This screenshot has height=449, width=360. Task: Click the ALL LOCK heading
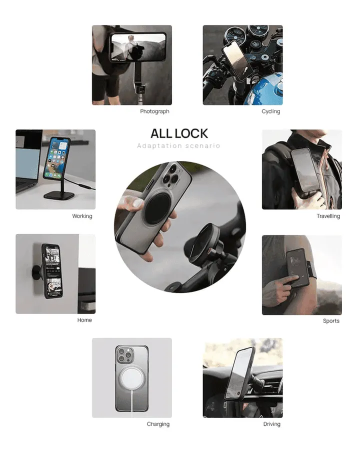tap(179, 133)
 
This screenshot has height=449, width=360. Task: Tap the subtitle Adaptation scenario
tap(178, 146)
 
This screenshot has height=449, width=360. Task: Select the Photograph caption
tap(154, 111)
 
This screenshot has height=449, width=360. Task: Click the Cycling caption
tap(270, 111)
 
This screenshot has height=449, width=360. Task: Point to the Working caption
tap(82, 216)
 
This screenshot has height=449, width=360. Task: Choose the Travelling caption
tap(328, 216)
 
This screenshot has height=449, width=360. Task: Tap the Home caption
tap(84, 320)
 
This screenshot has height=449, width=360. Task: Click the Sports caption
tap(331, 321)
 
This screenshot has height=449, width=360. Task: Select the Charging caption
tap(158, 424)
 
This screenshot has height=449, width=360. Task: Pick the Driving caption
tap(272, 424)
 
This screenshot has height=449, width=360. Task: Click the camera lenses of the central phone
tap(170, 174)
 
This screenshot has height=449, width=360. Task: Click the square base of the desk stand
tap(59, 196)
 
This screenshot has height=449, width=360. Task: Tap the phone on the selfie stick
tap(138, 47)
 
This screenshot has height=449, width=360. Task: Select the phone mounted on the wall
tap(52, 270)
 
